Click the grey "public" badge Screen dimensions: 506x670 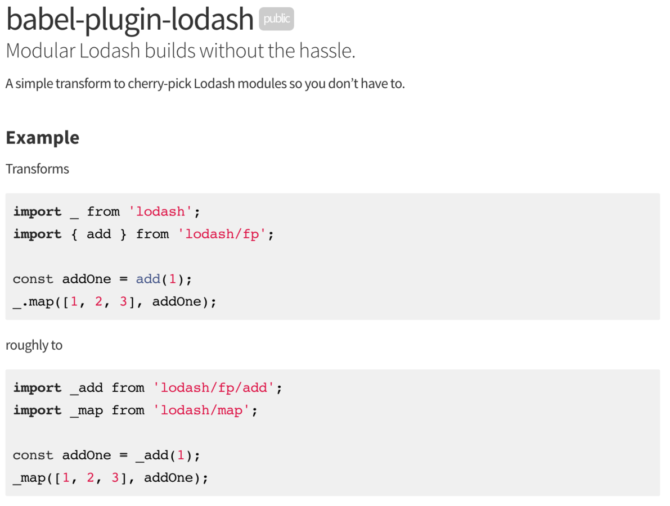[276, 19]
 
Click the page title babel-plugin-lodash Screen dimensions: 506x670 [130, 19]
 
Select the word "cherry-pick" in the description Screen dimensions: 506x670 [160, 84]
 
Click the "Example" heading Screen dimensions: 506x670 [42, 137]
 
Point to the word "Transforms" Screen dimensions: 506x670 [37, 169]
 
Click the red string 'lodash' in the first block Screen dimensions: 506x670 [161, 212]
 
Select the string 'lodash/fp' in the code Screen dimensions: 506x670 [222, 234]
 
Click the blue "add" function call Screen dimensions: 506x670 [148, 279]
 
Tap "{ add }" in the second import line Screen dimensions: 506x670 [98, 234]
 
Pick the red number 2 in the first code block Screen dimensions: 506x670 [98, 302]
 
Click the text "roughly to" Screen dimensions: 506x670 [34, 345]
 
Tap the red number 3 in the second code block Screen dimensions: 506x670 [115, 478]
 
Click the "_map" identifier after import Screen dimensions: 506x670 [86, 410]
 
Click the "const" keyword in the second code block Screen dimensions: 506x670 [33, 455]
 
